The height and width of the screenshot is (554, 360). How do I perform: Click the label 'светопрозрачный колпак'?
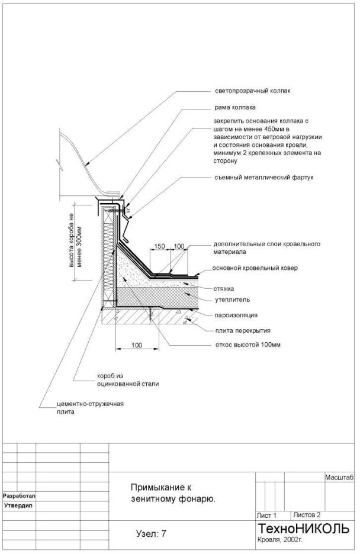(253, 92)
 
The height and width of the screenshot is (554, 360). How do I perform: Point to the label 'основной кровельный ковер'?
(256, 268)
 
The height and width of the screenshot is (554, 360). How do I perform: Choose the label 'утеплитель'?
(229, 299)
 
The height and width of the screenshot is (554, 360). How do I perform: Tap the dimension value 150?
(159, 246)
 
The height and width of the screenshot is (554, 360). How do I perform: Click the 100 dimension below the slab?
(137, 345)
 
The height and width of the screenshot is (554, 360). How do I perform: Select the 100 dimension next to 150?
(179, 246)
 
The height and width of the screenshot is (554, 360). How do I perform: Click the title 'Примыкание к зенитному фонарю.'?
(172, 493)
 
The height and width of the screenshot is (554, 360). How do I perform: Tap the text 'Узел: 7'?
(151, 534)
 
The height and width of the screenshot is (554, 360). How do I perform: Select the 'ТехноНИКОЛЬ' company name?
(304, 528)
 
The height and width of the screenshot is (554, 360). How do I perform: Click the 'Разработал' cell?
(20, 495)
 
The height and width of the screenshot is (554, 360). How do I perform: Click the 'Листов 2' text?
(307, 515)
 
